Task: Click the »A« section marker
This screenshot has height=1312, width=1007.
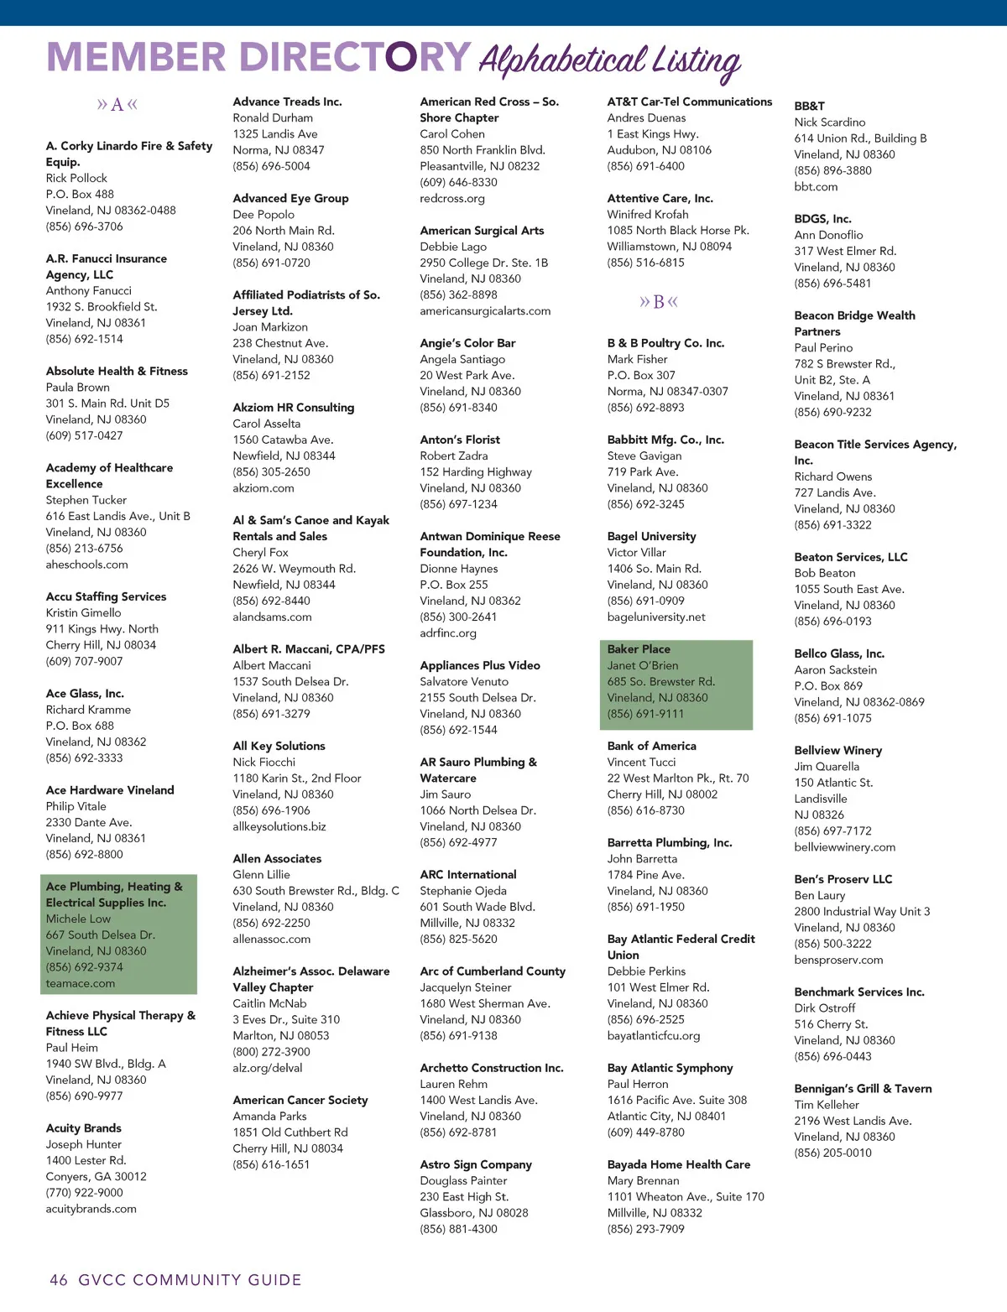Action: point(117,105)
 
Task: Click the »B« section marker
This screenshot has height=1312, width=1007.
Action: point(658,302)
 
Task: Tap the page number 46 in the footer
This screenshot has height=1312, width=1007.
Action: point(59,1280)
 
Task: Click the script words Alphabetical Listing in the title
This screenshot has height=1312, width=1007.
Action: point(610,60)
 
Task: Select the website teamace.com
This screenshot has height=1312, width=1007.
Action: point(81,983)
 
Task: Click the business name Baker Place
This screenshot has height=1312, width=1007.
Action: point(639,649)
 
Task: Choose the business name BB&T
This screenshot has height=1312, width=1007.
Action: point(810,106)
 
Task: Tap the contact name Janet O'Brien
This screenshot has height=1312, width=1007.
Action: point(643,665)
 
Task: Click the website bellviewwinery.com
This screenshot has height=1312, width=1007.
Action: point(845,847)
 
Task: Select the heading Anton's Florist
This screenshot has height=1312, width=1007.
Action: point(460,440)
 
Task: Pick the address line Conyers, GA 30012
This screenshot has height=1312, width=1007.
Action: point(96,1177)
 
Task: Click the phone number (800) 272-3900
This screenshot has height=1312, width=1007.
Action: point(271,1052)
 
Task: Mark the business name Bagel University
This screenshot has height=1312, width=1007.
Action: point(652,536)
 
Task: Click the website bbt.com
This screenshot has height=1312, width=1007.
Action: point(816,186)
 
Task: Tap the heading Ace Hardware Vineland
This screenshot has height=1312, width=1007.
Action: point(110,790)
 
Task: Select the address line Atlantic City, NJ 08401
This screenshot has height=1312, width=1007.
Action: point(666,1116)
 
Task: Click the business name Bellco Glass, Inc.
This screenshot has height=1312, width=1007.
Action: point(839,653)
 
